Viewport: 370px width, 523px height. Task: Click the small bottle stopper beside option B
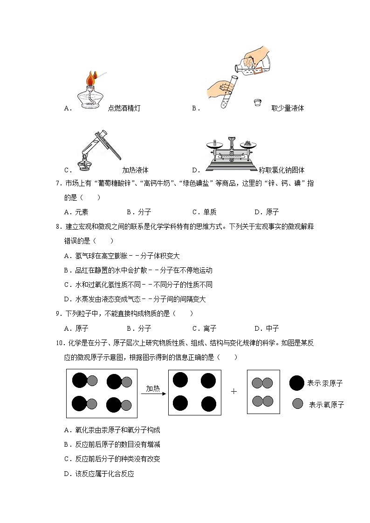[x=257, y=102]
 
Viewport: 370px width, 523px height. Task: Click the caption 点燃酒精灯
[x=124, y=108]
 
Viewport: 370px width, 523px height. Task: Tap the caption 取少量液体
[x=288, y=108]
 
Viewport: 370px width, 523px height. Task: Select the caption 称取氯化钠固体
[x=281, y=170]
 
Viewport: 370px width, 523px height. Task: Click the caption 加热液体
[x=135, y=170]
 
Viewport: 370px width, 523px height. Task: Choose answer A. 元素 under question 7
[x=76, y=212]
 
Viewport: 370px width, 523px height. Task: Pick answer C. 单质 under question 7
[x=204, y=212]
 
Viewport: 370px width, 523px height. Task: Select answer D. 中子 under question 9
[x=267, y=328]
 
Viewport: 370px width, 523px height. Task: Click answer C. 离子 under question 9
[x=204, y=328]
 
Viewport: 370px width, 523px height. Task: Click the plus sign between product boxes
[x=234, y=391]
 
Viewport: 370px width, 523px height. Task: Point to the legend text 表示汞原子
[x=325, y=383]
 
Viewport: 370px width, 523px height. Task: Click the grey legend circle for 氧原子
[x=298, y=404]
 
